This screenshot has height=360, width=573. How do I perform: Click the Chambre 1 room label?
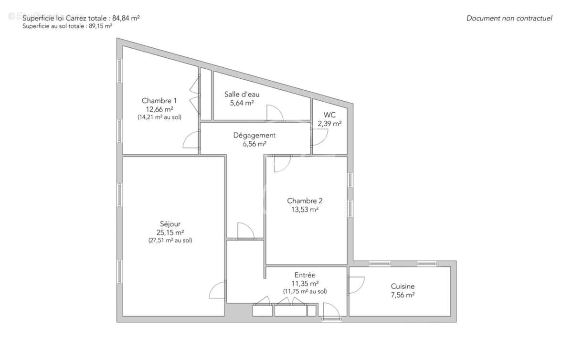159,101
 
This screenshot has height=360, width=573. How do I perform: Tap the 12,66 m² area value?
159,109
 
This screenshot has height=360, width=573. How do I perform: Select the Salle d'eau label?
242,94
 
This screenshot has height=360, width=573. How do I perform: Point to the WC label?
329,115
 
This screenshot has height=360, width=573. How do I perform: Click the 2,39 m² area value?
329,123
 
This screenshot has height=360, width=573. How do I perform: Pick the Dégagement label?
255,135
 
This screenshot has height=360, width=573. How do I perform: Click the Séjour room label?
170,224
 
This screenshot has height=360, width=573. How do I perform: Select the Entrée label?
305,275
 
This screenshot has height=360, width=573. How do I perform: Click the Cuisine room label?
403,286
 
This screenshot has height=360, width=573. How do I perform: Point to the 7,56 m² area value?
403,295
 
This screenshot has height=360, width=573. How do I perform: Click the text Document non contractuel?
509,19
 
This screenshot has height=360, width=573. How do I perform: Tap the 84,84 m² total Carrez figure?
126,18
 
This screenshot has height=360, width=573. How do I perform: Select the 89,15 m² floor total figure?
100,26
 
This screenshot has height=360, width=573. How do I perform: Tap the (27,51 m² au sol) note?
170,241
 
